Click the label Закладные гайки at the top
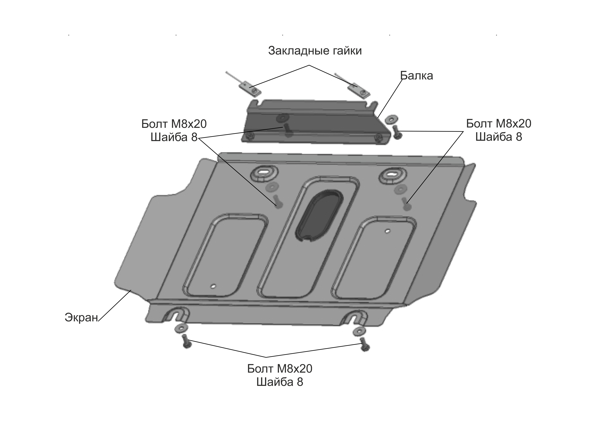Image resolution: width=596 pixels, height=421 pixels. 315,51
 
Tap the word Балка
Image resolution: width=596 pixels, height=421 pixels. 416,76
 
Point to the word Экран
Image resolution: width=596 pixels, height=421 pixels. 81,317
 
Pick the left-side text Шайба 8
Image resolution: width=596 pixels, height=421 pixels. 174,137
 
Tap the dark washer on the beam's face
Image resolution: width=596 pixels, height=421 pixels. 282,118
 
